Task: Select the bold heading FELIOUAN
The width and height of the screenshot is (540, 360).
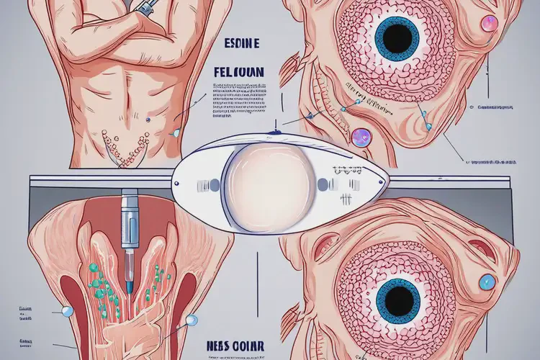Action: coord(240,73)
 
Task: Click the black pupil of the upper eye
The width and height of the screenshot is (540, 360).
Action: coord(397,37)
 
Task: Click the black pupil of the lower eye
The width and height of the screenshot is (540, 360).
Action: coord(397,300)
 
